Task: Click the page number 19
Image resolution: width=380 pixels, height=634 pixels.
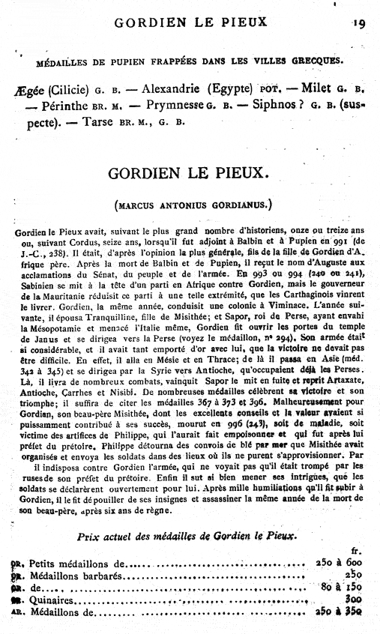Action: [x=358, y=22]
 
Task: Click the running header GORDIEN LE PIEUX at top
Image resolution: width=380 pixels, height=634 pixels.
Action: [x=190, y=22]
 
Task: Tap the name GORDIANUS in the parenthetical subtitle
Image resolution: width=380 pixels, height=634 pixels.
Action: [x=232, y=204]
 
